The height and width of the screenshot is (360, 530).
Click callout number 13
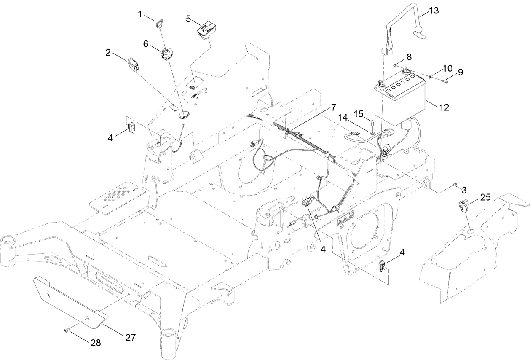434,11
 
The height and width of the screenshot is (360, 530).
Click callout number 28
96,343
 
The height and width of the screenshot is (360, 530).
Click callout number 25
485,197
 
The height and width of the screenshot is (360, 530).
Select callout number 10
447,68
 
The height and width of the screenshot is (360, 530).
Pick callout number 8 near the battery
409,56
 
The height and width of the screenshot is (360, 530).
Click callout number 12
443,107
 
